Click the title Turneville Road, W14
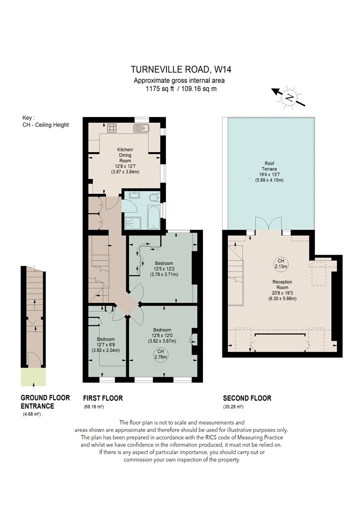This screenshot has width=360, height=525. [181, 69]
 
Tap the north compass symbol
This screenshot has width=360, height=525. [288, 97]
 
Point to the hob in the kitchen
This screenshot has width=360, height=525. [112, 128]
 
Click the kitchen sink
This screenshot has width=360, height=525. [141, 128]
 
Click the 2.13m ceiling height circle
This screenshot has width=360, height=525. [280, 263]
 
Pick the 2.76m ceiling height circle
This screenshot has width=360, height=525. [160, 354]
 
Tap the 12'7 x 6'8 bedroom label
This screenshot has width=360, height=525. [106, 344]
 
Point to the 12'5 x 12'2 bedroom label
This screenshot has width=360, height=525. [164, 269]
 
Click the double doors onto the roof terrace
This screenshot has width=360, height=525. [268, 223]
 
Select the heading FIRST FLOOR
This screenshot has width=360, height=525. [103, 398]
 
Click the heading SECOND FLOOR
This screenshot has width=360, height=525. [247, 398]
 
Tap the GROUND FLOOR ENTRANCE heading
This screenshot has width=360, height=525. [45, 402]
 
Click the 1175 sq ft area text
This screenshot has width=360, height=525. [159, 88]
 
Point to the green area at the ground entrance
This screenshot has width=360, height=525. [33, 376]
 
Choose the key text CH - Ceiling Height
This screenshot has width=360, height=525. [45, 125]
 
